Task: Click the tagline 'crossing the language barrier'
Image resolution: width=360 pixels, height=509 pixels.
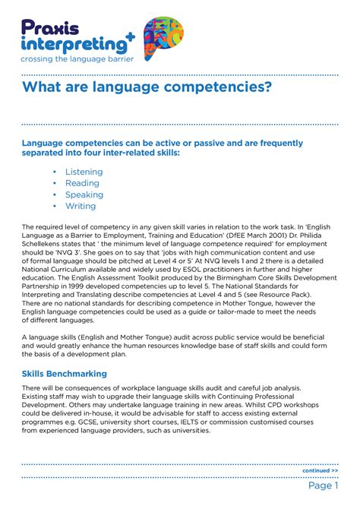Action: coord(77,58)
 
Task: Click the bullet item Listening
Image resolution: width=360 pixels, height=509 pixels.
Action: coord(84,172)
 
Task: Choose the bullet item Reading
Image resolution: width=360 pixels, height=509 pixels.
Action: coord(82,183)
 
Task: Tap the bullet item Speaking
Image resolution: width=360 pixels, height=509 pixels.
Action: coord(84,194)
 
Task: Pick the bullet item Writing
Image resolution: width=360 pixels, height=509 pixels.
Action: coord(81,206)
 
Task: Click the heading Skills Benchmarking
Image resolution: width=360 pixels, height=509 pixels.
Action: coord(74,374)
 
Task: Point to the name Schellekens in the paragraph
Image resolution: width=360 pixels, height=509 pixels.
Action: coord(47,245)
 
